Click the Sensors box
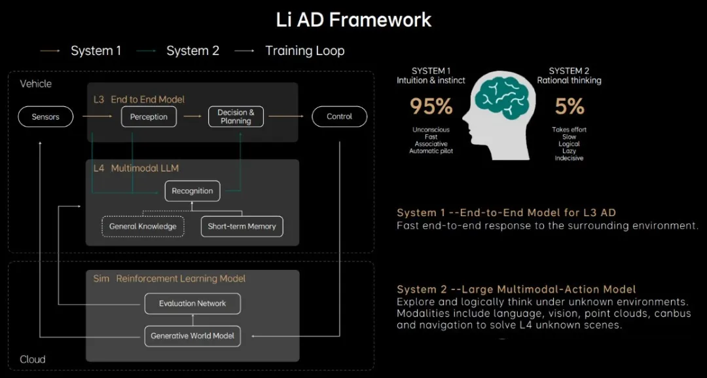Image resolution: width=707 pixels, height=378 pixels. (46, 117)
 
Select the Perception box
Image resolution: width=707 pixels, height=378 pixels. (149, 117)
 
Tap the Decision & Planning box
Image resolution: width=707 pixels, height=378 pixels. (236, 117)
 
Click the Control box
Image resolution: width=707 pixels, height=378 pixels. (340, 117)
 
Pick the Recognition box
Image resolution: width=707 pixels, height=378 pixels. (192, 191)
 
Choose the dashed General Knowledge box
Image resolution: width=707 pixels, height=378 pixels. (143, 227)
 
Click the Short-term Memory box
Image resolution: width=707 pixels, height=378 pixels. (242, 227)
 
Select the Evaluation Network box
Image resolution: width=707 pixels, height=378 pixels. (192, 303)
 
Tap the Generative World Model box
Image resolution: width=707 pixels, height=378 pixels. (192, 336)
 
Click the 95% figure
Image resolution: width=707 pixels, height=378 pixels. (431, 107)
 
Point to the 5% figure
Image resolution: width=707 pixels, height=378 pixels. (570, 107)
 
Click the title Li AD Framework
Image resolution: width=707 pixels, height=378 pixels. (354, 20)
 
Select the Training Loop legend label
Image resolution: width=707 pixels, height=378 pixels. (305, 51)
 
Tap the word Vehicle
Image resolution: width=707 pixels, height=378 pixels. (35, 84)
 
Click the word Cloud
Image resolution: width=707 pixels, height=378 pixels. (33, 360)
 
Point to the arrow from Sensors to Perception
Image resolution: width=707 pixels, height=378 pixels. (97, 117)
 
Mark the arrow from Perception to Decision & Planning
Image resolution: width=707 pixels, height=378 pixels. (192, 117)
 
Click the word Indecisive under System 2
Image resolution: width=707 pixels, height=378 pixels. (569, 159)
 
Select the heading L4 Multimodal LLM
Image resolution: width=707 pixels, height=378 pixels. (136, 168)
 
